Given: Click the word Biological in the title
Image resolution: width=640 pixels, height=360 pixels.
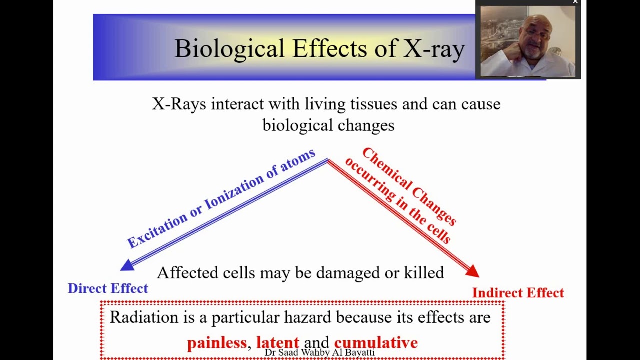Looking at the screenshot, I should [x=229, y=49].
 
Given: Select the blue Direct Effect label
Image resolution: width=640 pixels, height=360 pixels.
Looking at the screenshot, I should [x=108, y=288].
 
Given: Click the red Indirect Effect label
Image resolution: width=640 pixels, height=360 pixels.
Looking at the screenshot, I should [x=518, y=293].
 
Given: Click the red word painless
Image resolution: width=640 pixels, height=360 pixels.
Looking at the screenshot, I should [x=217, y=343].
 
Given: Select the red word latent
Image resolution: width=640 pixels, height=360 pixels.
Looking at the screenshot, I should [x=277, y=343].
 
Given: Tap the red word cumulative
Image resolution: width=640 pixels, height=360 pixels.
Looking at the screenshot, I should [x=376, y=343].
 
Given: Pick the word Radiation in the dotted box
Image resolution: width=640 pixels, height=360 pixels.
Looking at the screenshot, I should [x=144, y=317].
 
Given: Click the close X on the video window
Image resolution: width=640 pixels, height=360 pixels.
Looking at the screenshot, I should [x=575, y=2].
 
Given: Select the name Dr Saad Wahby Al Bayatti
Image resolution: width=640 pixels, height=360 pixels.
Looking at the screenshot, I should [x=319, y=353].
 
